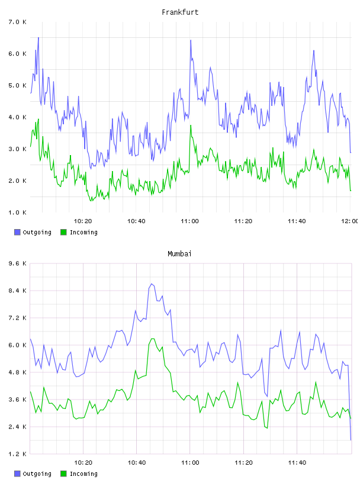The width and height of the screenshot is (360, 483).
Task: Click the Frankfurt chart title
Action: coord(180,12)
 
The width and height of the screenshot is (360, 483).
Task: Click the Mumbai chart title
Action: coord(179,254)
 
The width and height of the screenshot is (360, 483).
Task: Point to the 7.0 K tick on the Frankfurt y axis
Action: coord(18,22)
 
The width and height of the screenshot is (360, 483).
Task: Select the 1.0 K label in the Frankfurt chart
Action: coord(18,212)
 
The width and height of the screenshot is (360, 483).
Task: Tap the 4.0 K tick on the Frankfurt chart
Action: coord(18,117)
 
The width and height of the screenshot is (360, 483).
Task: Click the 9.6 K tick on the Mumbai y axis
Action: coord(18,263)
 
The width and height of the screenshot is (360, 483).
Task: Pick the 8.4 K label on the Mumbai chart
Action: coord(18,291)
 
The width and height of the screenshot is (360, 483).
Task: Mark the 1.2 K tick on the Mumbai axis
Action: coord(18,454)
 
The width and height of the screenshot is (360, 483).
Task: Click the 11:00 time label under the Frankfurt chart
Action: coord(189,221)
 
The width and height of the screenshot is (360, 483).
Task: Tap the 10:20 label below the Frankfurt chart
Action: coord(83,221)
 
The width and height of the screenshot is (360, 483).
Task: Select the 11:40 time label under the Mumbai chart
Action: coord(297,462)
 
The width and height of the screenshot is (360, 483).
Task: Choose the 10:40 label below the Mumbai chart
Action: coord(137,462)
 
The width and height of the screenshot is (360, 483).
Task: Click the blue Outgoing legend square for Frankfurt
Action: coord(17,232)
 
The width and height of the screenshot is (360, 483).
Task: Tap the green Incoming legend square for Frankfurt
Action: coord(63,232)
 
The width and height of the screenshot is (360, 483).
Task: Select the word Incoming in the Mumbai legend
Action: coord(83,474)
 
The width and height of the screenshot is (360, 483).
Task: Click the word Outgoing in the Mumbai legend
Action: coord(37,474)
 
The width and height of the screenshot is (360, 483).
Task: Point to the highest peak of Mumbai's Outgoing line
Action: coord(152,284)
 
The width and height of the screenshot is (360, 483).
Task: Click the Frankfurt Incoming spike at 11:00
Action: coord(191,125)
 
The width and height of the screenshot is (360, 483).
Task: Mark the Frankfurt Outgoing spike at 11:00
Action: coord(191,40)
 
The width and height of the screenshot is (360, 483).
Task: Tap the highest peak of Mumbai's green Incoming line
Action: coord(152,339)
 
